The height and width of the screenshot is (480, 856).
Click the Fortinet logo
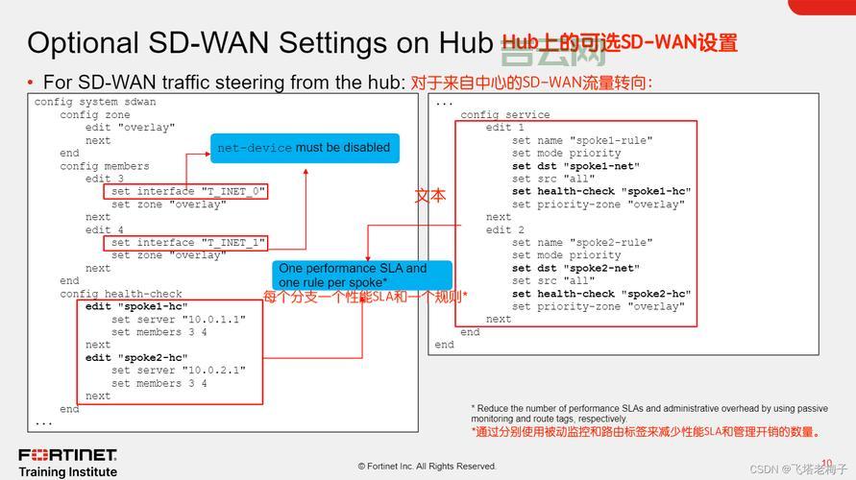pyautogui.click(x=67, y=454)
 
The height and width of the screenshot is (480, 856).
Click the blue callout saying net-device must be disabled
pyautogui.click(x=304, y=148)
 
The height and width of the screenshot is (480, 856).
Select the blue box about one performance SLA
pyautogui.click(x=352, y=276)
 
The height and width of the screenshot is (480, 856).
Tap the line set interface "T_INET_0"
pyautogui.click(x=187, y=192)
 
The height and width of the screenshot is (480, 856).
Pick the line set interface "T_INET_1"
pyautogui.click(x=187, y=243)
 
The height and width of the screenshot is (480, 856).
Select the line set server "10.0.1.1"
pyautogui.click(x=178, y=320)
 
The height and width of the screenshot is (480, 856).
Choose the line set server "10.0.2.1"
pyautogui.click(x=178, y=371)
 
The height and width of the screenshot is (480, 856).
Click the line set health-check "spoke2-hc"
pyautogui.click(x=601, y=294)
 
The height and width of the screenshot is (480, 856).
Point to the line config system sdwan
pyautogui.click(x=95, y=102)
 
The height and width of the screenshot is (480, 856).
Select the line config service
pyautogui.click(x=505, y=115)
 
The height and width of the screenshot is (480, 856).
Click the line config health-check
pyautogui.click(x=121, y=294)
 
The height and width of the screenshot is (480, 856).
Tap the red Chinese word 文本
pyautogui.click(x=429, y=196)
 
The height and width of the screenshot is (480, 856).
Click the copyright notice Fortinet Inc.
pyautogui.click(x=427, y=467)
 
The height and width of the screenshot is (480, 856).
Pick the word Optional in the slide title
pyautogui.click(x=82, y=43)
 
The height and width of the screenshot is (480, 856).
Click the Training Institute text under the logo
pyautogui.click(x=67, y=471)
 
